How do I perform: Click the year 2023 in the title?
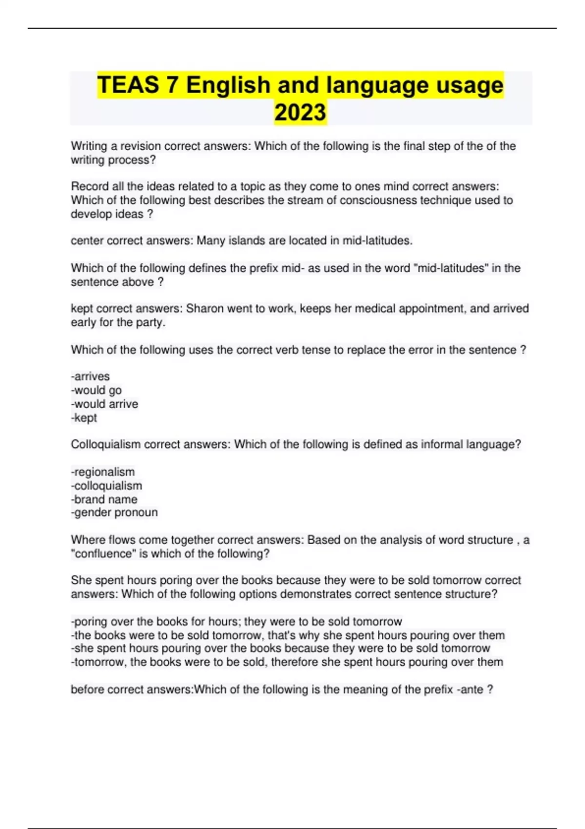[300, 112]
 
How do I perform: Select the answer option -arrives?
[91, 376]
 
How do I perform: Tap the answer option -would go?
[97, 390]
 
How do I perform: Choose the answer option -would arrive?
[105, 404]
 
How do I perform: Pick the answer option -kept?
[84, 417]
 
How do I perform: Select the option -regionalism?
[103, 472]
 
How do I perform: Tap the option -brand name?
[104, 499]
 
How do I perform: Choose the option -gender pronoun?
[115, 512]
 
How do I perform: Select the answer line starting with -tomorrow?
[287, 662]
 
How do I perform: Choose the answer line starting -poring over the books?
[237, 621]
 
